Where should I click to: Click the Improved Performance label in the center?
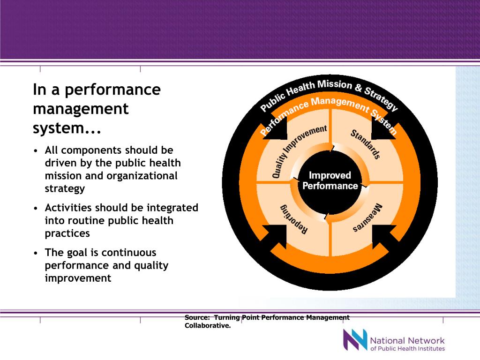[x=330, y=180]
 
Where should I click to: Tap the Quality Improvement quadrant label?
[x=299, y=151]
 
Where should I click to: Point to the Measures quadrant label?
[x=367, y=219]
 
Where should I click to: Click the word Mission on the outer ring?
[x=334, y=85]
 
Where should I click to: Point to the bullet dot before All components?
[x=36, y=151]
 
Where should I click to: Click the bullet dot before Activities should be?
[x=36, y=208]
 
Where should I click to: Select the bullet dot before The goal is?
[x=36, y=253]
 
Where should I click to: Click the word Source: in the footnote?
[x=197, y=318]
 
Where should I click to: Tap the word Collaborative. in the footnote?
[x=208, y=326]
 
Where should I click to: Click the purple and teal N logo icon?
[x=354, y=340]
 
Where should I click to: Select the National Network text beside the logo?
[x=407, y=340]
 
